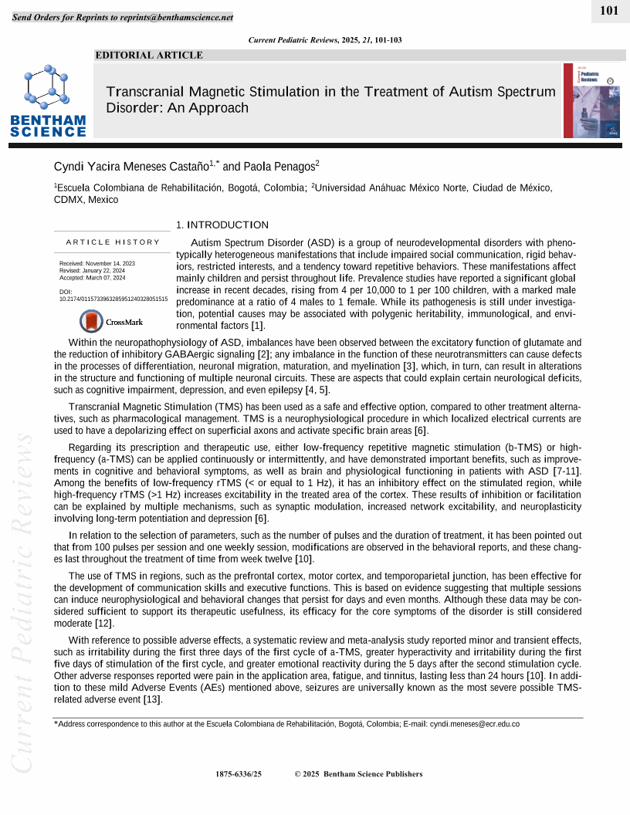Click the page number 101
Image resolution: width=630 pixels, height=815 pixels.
609,10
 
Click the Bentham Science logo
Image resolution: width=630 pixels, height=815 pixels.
48,100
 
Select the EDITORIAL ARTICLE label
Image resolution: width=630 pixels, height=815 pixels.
149,55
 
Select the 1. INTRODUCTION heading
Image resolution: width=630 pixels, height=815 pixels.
222,225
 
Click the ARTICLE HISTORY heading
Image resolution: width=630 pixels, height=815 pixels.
113,242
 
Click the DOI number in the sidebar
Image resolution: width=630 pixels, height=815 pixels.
113,299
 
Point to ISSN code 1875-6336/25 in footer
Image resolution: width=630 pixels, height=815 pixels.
239,774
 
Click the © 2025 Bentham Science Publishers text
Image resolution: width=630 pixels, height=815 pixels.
359,774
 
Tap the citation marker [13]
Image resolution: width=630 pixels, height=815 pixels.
153,699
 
